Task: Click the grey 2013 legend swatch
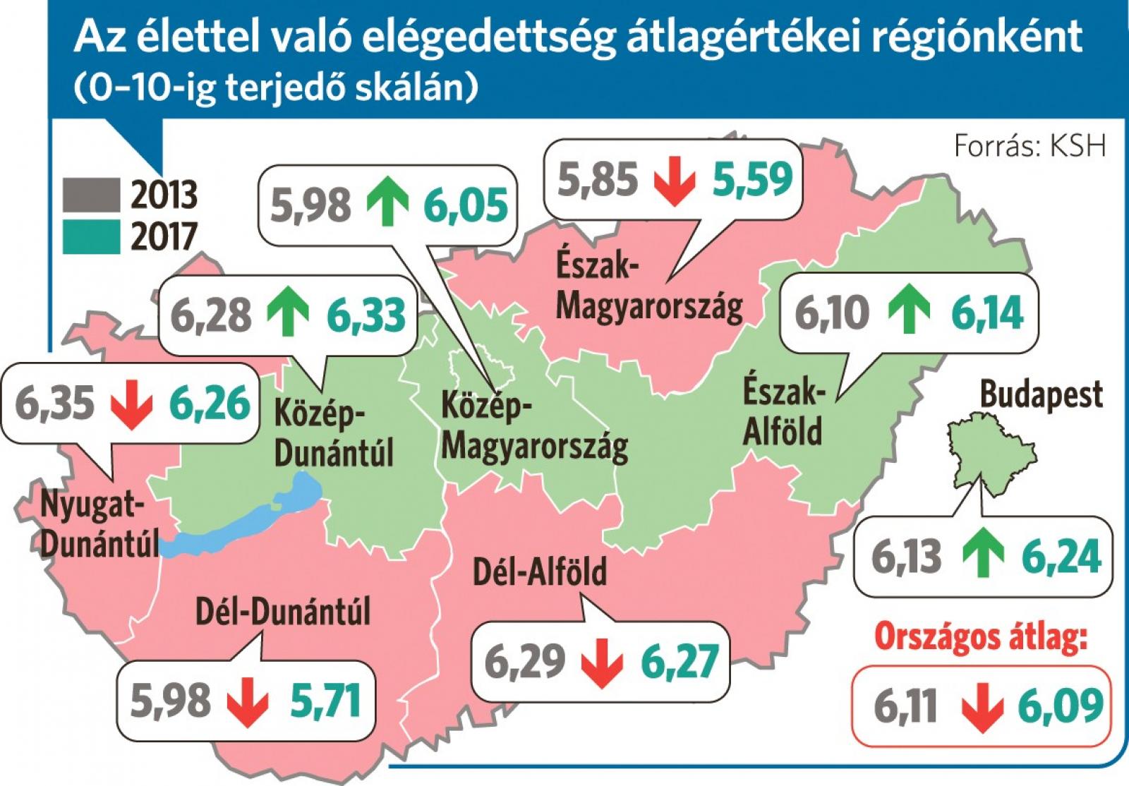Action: coord(91,195)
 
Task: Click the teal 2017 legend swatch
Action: coord(91,236)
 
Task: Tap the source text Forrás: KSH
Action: coord(1030,147)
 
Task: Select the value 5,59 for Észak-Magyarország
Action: coord(752,179)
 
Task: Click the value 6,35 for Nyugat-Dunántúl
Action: coord(55,404)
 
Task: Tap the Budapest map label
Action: coord(1041,394)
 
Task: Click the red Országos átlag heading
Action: coord(980,637)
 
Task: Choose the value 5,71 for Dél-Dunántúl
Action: coord(325,700)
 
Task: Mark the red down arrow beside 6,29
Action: coord(603,662)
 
